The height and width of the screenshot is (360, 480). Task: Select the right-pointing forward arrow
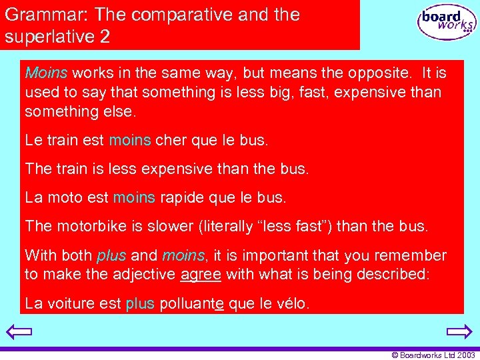(x=459, y=331)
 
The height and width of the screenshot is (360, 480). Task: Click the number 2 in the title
(x=105, y=36)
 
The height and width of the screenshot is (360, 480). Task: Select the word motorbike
(x=89, y=226)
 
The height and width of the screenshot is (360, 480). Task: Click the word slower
(x=172, y=226)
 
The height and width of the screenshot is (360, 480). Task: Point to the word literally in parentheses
(x=231, y=226)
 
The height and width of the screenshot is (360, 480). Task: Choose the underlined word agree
(x=201, y=274)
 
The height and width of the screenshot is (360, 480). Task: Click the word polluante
(x=191, y=304)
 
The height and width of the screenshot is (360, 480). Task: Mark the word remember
(x=412, y=255)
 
